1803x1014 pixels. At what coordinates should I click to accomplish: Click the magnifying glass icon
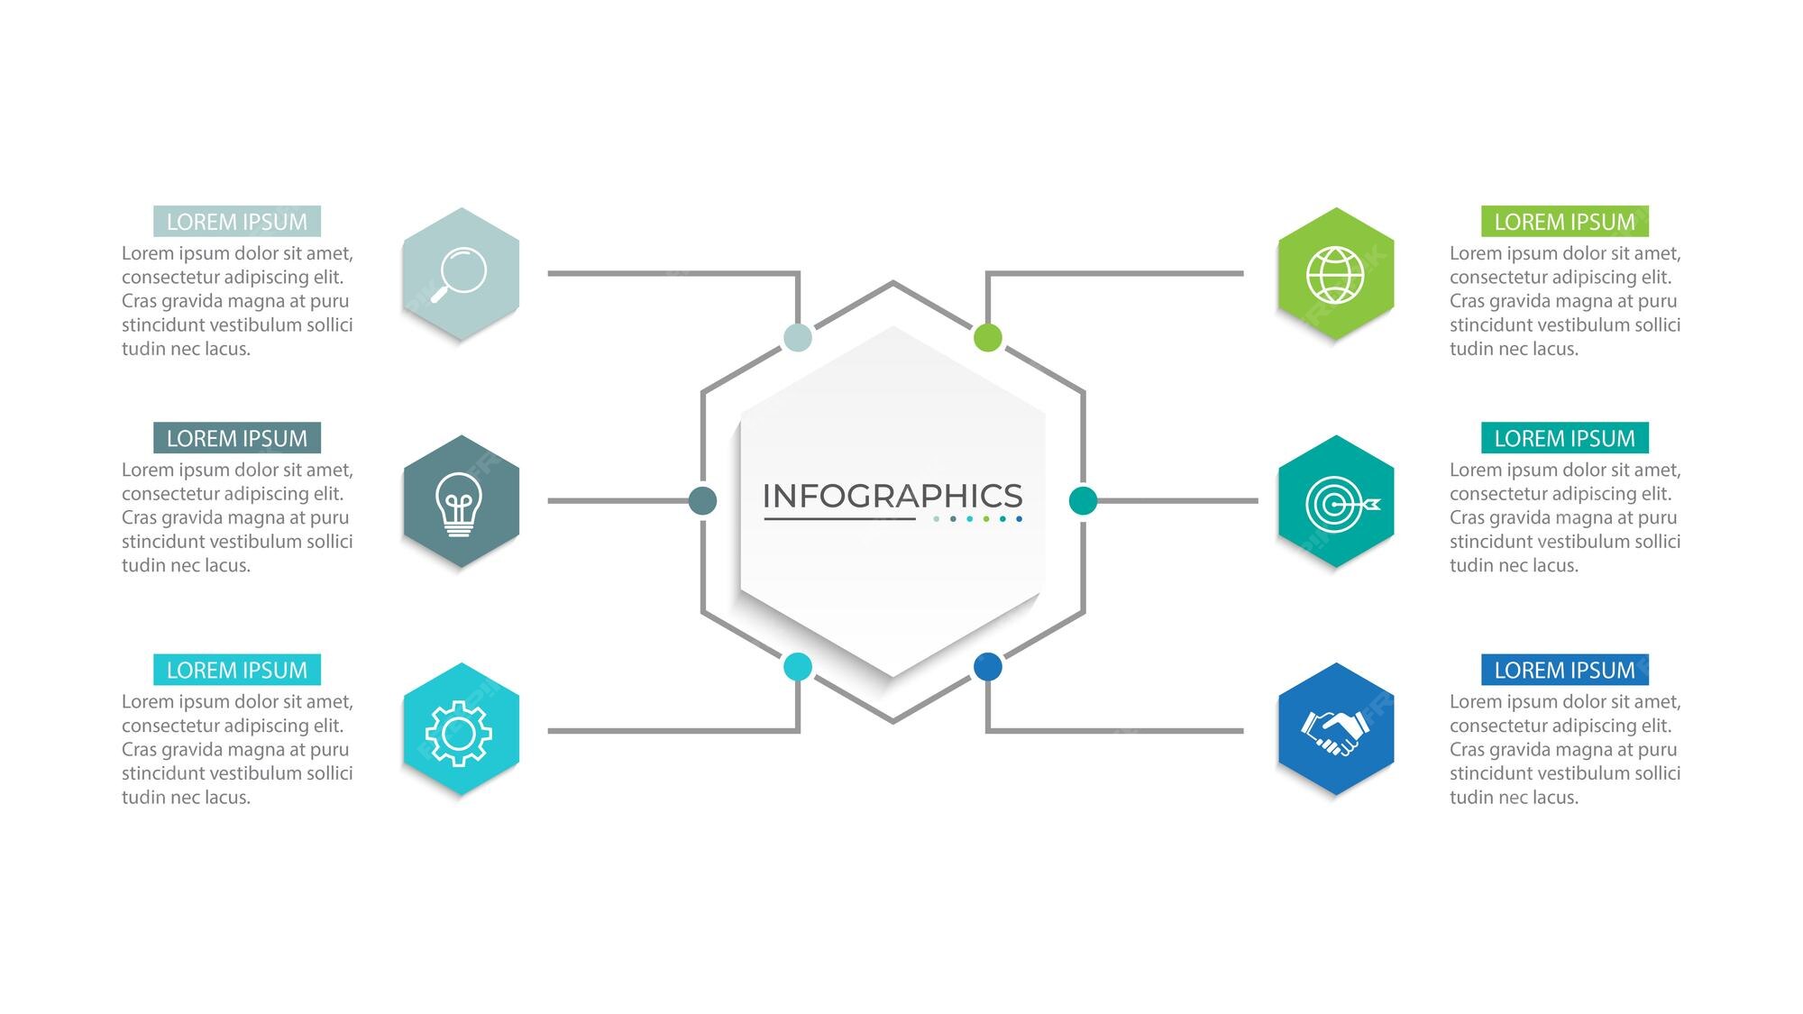(x=459, y=274)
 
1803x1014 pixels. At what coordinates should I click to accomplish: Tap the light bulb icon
(x=459, y=504)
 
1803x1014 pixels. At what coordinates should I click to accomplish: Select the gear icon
(x=459, y=734)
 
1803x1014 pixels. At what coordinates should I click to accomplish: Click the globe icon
(x=1335, y=275)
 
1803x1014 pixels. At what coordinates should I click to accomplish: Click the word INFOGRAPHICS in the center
(x=892, y=496)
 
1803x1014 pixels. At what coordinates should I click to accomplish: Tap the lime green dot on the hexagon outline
(x=988, y=338)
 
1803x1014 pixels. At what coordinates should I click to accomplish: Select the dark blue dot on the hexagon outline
(x=988, y=667)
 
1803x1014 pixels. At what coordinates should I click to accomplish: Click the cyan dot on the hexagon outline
(x=798, y=667)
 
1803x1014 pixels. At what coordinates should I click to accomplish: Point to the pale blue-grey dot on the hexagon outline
(x=798, y=338)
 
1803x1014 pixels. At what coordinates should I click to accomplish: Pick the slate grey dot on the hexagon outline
(x=702, y=500)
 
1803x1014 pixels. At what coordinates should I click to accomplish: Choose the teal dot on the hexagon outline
(x=1083, y=500)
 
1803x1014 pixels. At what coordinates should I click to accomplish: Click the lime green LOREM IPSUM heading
(x=1565, y=222)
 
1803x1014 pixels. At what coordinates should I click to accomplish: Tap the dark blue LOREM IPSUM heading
(x=1565, y=670)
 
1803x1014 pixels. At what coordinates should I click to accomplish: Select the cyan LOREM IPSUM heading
(x=237, y=670)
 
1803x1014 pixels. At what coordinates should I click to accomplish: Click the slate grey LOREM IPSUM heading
(x=237, y=438)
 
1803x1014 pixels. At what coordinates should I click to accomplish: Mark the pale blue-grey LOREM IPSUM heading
(x=237, y=222)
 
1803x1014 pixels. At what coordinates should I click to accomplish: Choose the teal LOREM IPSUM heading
(x=1565, y=438)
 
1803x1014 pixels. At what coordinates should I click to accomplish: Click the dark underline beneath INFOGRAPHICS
(x=840, y=519)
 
